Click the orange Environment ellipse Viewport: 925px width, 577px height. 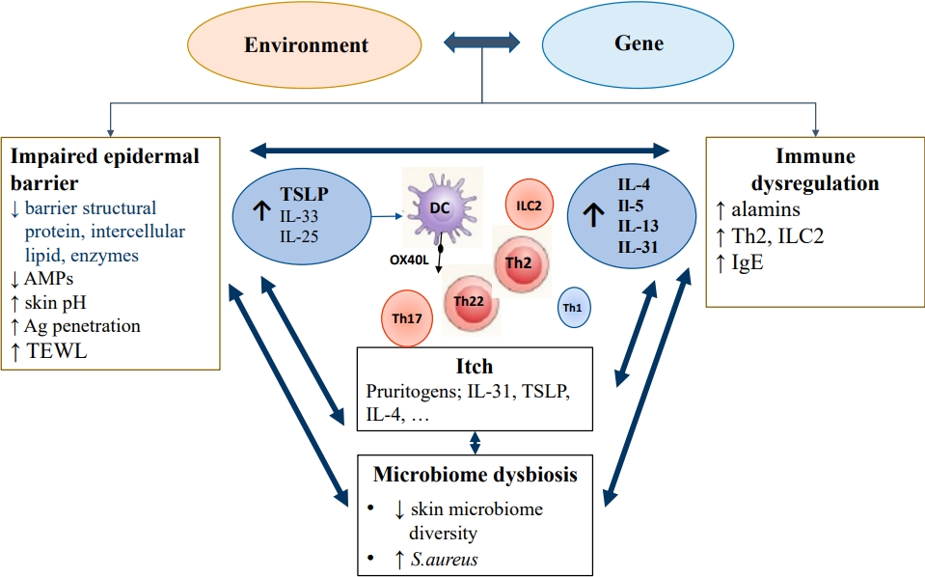coord(306,44)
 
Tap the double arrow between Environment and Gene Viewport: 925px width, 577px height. coord(481,42)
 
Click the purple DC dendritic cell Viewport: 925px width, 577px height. coord(438,208)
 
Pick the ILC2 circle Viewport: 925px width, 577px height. coord(528,204)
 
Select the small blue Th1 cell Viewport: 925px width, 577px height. coord(575,309)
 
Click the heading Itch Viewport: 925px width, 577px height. coord(474,367)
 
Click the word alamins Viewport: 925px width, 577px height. coord(767,209)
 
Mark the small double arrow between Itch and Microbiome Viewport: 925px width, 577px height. coord(474,443)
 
